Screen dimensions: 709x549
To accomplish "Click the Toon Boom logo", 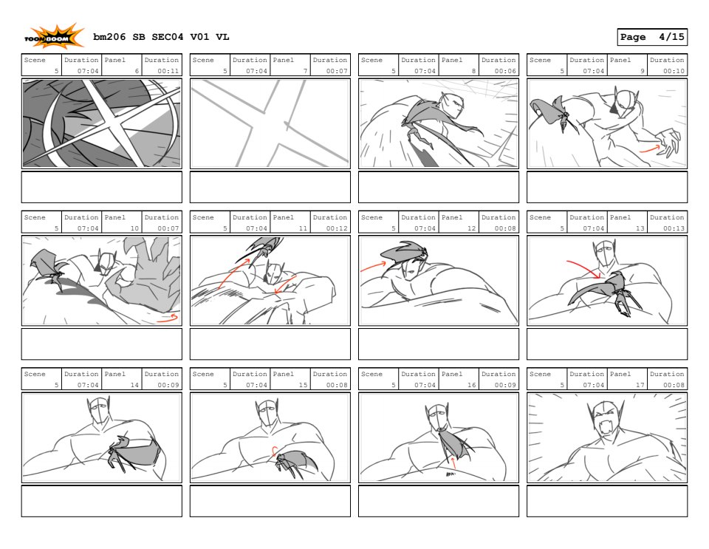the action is tap(54, 36).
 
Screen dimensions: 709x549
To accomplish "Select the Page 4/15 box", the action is tap(652, 37).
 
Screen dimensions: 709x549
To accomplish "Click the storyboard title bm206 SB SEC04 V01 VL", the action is tap(161, 37).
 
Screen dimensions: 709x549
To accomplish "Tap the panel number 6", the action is tap(137, 71).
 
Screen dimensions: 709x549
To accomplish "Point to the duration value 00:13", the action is tap(674, 228).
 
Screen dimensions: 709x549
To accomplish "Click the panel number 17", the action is tap(640, 385).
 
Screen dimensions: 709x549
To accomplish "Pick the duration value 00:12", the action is tap(337, 228).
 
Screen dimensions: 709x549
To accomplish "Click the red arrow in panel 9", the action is tap(649, 149).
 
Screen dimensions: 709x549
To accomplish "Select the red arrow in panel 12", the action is tap(374, 266).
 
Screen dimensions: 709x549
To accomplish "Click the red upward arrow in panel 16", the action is tap(453, 463).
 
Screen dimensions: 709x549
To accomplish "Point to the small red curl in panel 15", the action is tap(273, 451).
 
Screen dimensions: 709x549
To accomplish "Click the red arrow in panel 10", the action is tap(168, 318).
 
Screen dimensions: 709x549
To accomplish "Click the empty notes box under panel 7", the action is tap(270, 187).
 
